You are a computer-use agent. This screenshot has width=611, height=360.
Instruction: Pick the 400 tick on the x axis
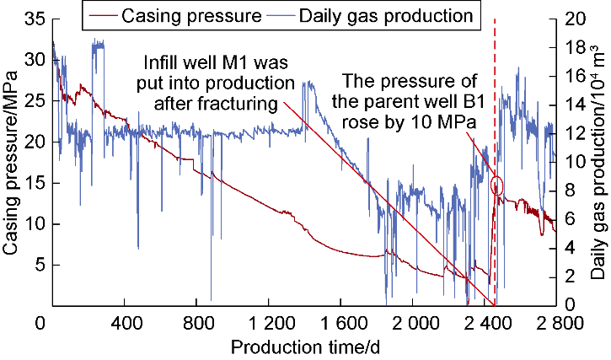125,322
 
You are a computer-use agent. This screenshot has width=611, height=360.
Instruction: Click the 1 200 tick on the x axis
269,322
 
